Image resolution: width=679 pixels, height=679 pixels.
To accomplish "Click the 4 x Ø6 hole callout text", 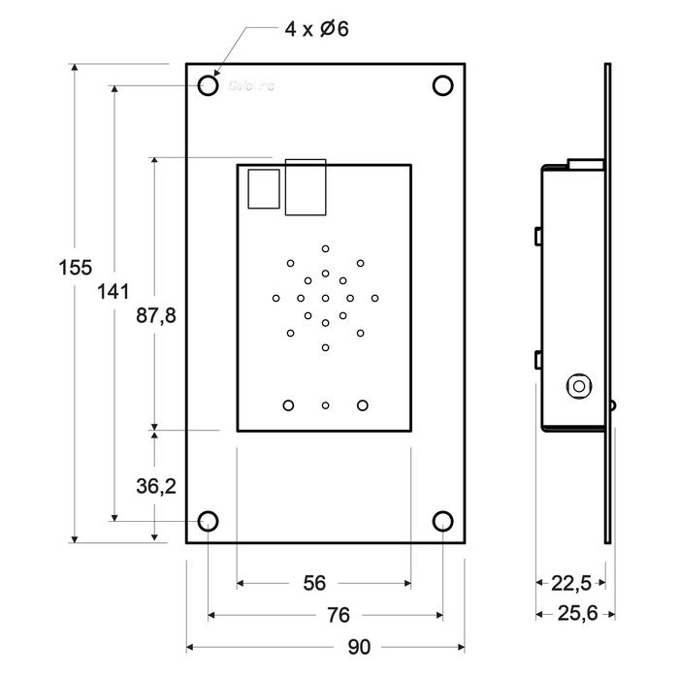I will pos(316,29).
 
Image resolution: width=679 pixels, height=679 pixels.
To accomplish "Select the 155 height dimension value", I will pos(75,268).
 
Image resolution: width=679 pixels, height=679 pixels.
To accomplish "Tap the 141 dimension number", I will pos(114,290).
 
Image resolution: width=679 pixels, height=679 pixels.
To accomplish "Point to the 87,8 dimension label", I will pos(154,316).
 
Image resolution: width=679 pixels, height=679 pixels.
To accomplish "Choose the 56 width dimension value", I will pos(314,583).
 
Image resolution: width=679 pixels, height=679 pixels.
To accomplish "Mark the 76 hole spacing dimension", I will pos(338,615).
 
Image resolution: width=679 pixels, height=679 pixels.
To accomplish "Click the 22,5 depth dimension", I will pos(571,583).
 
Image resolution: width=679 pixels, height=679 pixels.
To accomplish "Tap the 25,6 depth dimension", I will pos(577,614).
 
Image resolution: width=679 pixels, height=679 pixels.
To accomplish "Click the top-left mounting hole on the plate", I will pos(208,86).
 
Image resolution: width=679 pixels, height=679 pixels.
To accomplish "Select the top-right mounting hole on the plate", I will pos(442,86).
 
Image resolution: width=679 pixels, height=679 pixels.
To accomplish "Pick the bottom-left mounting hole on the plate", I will pos(208,522).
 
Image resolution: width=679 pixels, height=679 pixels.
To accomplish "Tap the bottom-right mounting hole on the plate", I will pos(442,522).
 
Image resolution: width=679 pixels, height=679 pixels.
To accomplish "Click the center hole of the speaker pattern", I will pos(325,298).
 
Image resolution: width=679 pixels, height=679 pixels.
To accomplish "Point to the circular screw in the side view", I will pos(579,385).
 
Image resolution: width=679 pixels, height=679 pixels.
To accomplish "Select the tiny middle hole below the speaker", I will pos(325,404).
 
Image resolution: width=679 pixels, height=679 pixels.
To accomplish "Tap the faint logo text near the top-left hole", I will pos(252,86).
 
